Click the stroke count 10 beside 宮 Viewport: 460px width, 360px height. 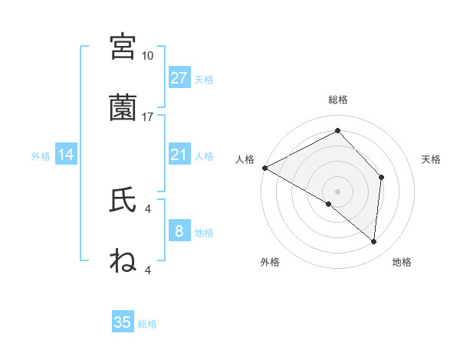click(148, 56)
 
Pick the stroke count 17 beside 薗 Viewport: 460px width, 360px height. click(148, 116)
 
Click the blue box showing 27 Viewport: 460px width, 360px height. click(179, 77)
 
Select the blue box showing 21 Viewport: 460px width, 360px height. click(179, 155)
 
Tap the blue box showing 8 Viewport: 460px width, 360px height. click(179, 231)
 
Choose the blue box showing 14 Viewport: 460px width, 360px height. click(66, 155)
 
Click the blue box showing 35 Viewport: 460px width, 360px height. click(123, 322)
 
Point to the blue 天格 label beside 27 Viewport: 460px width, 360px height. click(204, 79)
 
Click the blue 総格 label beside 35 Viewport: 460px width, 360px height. click(147, 324)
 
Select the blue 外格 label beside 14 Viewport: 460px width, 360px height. click(41, 156)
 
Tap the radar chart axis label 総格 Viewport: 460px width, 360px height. click(337, 100)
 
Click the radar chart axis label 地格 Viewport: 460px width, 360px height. click(402, 262)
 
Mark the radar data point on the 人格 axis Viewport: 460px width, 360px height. click(264, 168)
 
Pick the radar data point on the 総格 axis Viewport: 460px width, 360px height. click(337, 131)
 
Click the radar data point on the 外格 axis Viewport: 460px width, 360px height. click(329, 204)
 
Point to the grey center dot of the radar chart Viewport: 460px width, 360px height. click(337, 191)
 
